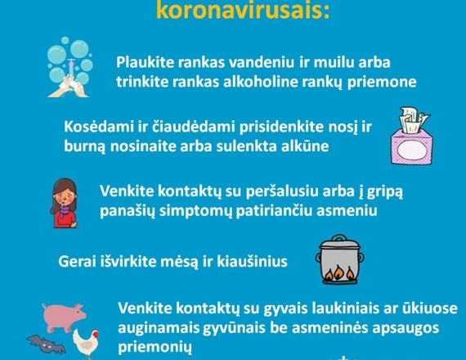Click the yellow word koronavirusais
[243, 11]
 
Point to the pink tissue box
[410, 137]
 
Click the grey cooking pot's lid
[339, 243]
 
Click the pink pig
[64, 317]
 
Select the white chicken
[86, 342]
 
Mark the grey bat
[46, 344]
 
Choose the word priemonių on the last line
[155, 348]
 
